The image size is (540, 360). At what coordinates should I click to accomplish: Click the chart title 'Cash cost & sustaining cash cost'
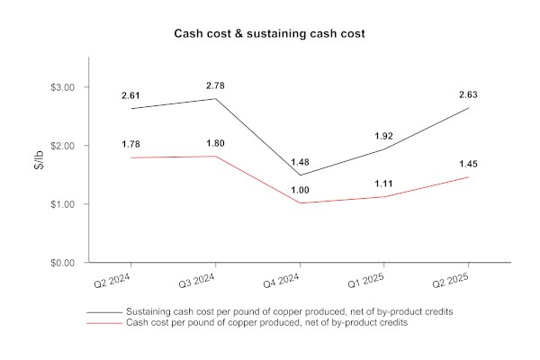270,33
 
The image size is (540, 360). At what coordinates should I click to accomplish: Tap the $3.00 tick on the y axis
63,87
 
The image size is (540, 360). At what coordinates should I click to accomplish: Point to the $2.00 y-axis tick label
63,146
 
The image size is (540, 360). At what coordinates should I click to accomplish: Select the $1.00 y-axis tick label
63,204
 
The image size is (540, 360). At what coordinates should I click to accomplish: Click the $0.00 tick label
63,263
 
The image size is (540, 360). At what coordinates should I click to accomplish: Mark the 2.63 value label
468,94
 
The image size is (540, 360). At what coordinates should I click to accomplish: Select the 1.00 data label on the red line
300,190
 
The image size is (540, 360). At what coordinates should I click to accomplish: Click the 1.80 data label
215,143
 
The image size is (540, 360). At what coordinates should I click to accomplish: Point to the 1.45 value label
468,164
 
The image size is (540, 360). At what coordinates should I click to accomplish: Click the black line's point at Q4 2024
300,175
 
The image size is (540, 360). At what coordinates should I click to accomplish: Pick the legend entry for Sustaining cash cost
289,311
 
